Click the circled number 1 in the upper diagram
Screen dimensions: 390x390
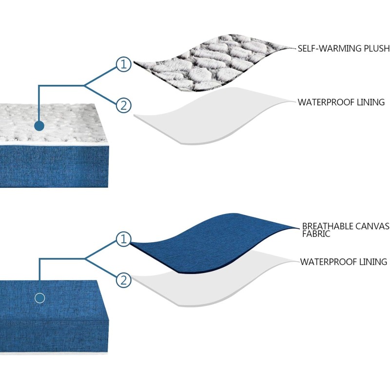tap(124, 64)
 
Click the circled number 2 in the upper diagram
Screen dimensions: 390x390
tap(124, 105)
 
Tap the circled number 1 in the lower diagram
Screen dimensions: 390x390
tap(124, 239)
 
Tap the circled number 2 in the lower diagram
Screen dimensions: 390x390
tap(124, 280)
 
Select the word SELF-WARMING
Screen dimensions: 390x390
tap(330, 48)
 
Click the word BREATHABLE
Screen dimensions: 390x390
tap(328, 226)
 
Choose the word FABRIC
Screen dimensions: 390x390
tap(316, 234)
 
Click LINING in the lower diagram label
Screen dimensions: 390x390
tap(373, 262)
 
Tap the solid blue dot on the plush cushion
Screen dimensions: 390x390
tap(39, 126)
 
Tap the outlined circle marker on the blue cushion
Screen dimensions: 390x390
tap(40, 298)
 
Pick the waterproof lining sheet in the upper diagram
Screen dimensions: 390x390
tap(212, 117)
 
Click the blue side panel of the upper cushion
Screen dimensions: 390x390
tap(54, 166)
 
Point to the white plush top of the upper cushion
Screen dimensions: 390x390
tap(52, 123)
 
